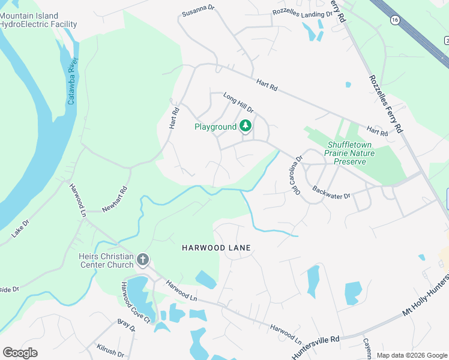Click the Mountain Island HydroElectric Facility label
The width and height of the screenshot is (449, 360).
(38, 20)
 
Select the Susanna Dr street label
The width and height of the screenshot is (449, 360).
(198, 11)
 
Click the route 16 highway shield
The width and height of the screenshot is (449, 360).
(394, 20)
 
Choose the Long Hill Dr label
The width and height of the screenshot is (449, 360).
(238, 103)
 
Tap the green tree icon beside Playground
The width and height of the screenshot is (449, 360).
(245, 126)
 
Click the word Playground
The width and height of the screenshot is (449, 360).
(215, 127)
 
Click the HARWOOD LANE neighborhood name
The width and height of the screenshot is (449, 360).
(216, 247)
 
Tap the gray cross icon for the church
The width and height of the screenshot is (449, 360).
(143, 260)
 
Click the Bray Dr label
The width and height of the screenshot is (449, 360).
(127, 328)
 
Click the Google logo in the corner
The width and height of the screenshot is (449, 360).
(20, 353)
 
